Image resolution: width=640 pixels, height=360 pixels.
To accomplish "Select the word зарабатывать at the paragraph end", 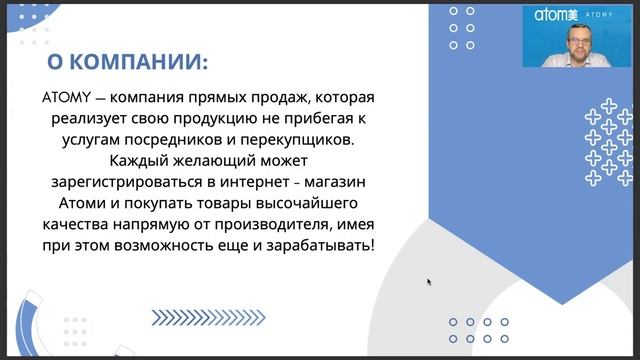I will click(x=319, y=244).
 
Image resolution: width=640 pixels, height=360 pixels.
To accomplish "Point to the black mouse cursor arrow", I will click(x=430, y=282).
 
